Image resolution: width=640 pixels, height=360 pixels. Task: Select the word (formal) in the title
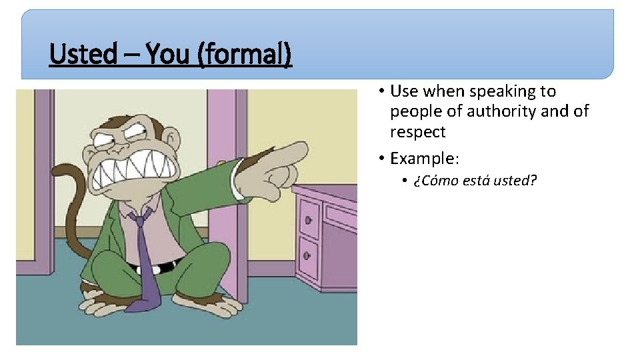click(x=244, y=54)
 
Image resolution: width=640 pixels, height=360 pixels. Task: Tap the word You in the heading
click(x=169, y=54)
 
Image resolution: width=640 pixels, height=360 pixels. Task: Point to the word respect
click(x=417, y=132)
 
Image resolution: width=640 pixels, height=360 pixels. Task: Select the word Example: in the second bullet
click(x=425, y=159)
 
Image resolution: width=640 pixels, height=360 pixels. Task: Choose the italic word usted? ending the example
click(x=515, y=181)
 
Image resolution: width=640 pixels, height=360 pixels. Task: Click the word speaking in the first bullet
click(x=497, y=91)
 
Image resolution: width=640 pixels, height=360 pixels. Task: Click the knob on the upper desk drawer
click(x=308, y=219)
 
